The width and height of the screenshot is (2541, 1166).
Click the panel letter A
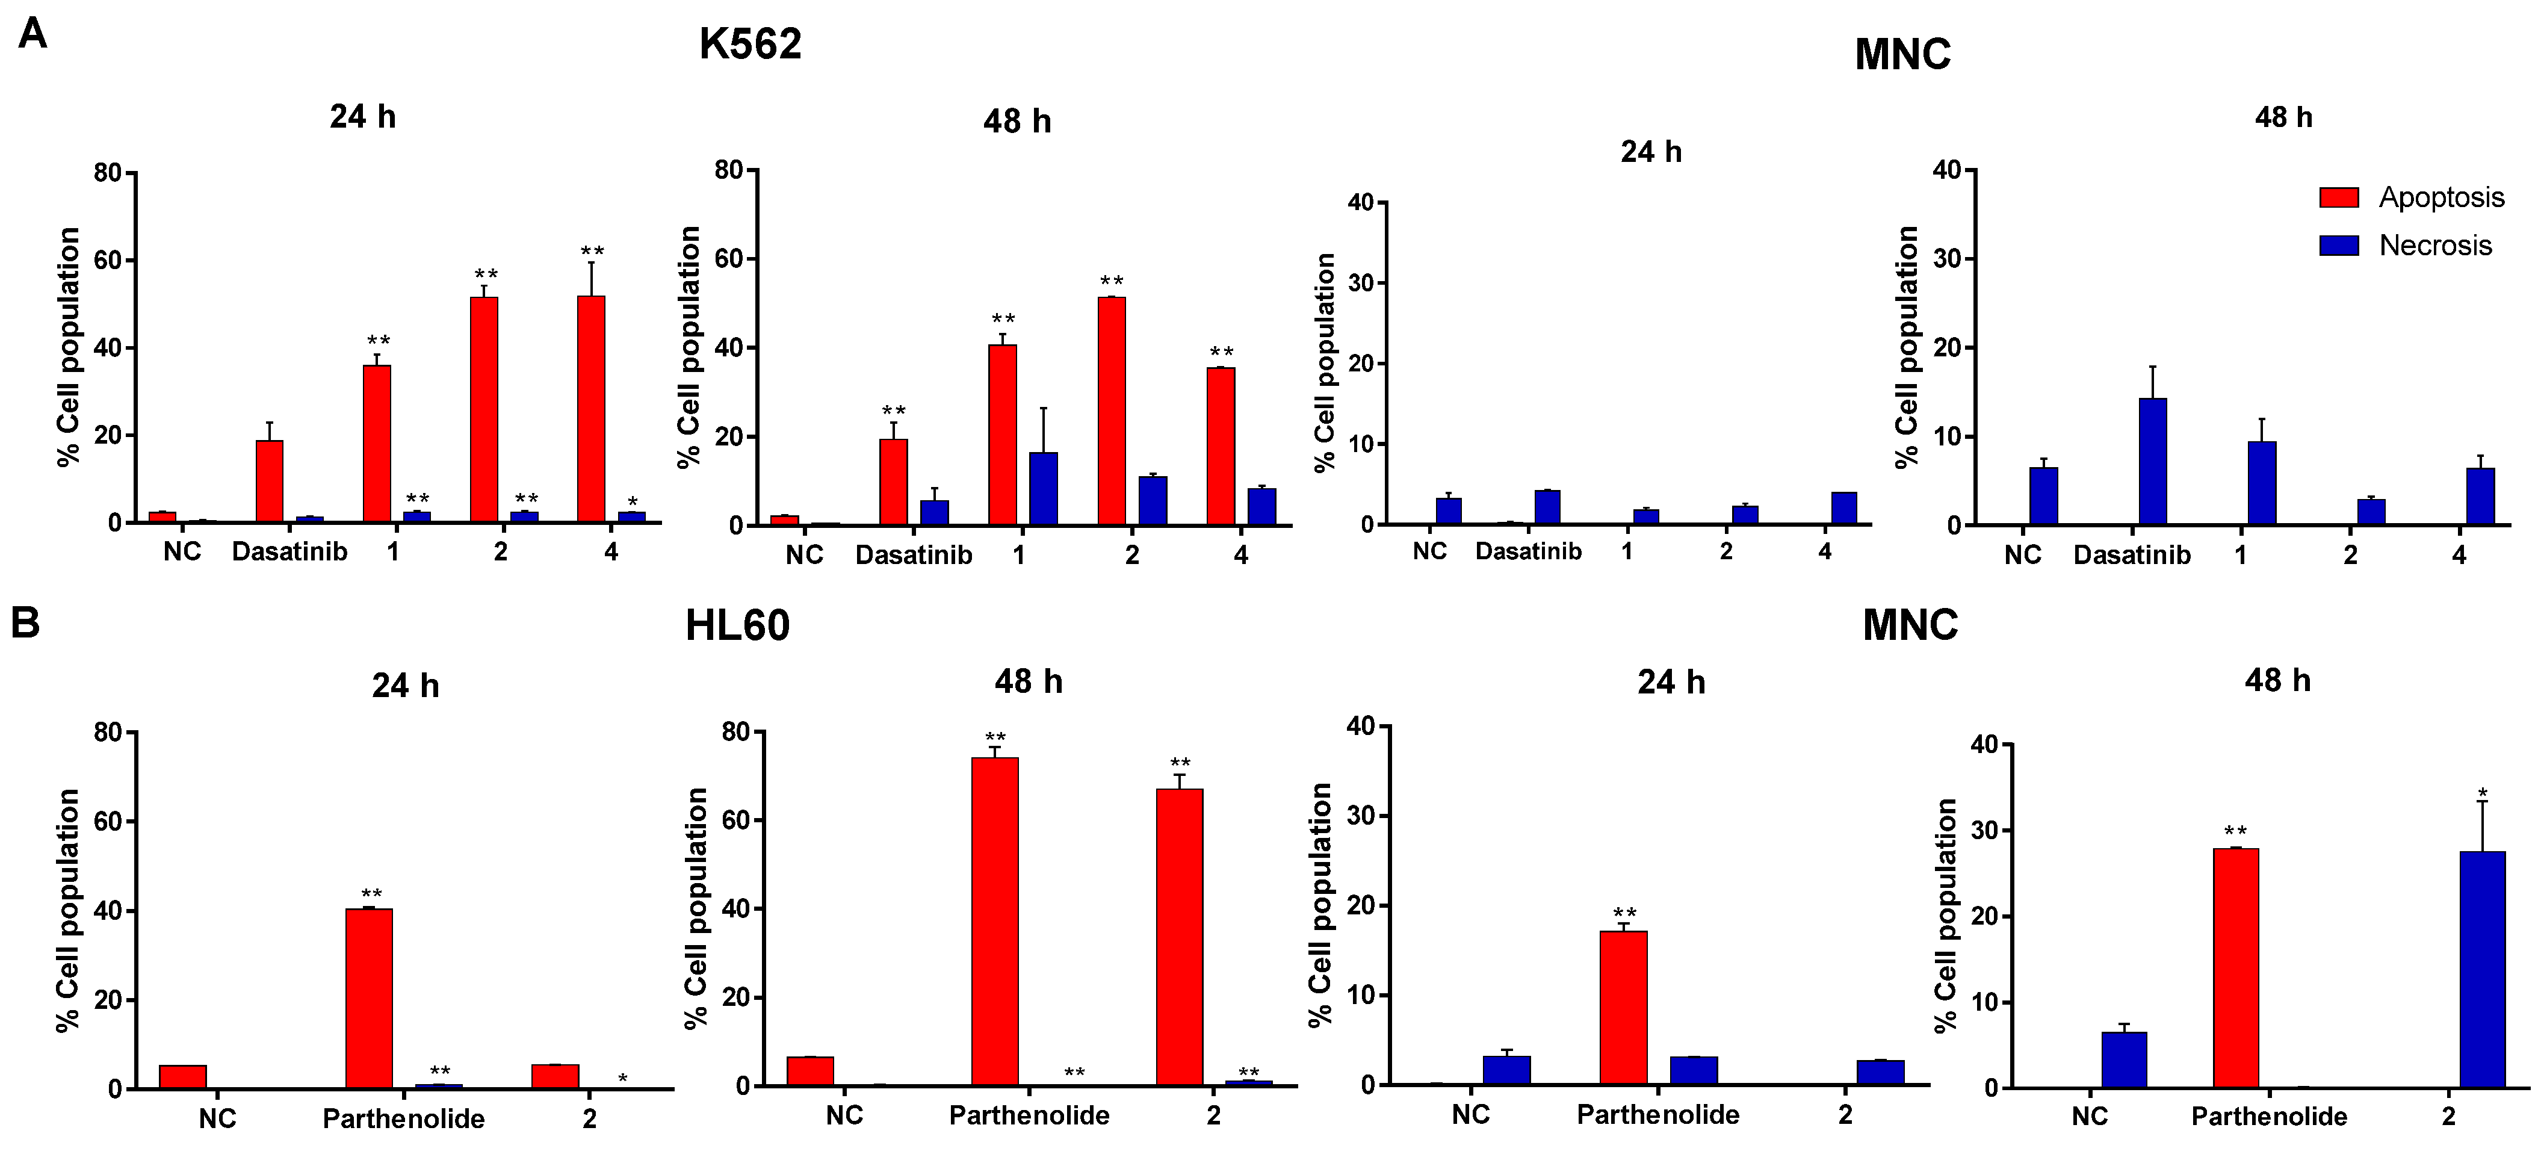pyautogui.click(x=32, y=34)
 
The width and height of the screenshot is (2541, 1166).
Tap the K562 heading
pyautogui.click(x=750, y=45)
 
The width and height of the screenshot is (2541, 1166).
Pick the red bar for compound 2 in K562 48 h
pyautogui.click(x=1112, y=411)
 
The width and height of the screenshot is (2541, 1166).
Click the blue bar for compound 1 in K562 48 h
pyautogui.click(x=1044, y=488)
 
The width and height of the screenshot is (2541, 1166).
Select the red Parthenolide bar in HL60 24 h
pyautogui.click(x=369, y=997)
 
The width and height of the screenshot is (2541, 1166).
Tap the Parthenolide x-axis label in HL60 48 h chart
pyautogui.click(x=1029, y=1115)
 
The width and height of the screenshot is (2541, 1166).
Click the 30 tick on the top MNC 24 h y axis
pyautogui.click(x=1360, y=283)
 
